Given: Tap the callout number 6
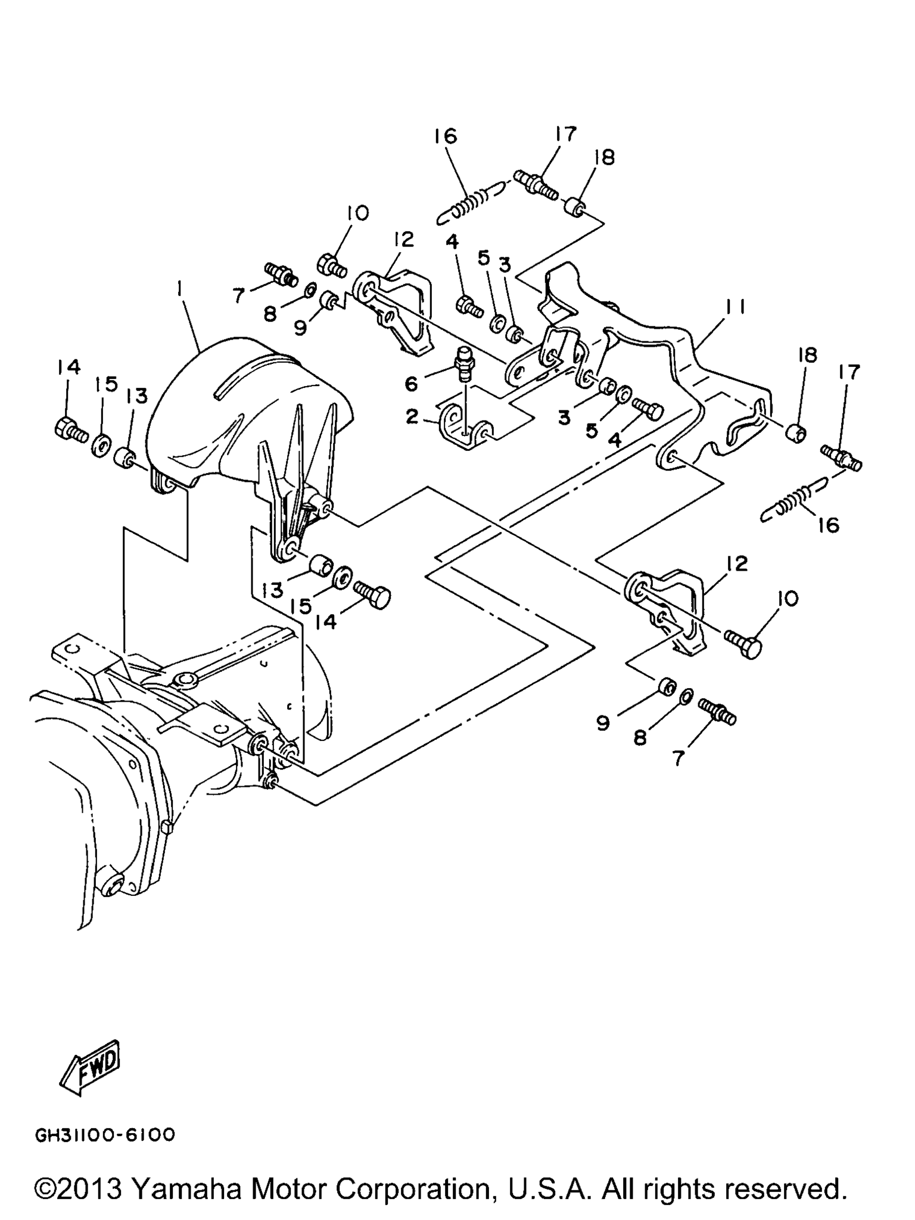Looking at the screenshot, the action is click(412, 384).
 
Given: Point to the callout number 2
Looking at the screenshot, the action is click(412, 416).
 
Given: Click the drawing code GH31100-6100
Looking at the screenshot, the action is click(105, 1135).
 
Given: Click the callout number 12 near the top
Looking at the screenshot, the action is click(404, 239).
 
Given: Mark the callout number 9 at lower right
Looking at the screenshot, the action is click(603, 723).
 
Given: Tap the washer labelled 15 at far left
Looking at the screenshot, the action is click(101, 444).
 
